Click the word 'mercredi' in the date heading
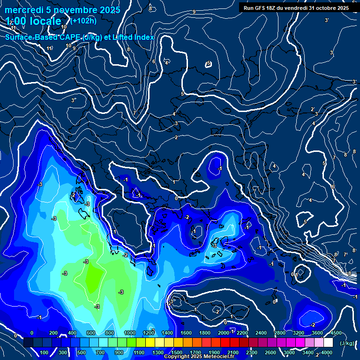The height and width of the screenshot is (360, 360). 24,10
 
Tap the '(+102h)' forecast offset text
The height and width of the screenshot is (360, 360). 83,21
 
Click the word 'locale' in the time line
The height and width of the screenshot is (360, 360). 44,22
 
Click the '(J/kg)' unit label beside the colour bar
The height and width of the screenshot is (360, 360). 347,344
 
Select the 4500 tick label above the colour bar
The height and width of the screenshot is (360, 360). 336,333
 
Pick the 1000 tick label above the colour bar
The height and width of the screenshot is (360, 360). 130,333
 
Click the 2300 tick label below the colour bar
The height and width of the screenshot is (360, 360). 252,352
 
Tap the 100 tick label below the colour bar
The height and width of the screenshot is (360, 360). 45,352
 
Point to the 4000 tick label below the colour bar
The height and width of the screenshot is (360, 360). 327,352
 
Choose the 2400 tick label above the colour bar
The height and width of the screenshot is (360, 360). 261,333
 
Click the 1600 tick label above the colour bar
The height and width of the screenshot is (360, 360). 186,333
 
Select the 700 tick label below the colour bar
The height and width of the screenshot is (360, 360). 100,352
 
